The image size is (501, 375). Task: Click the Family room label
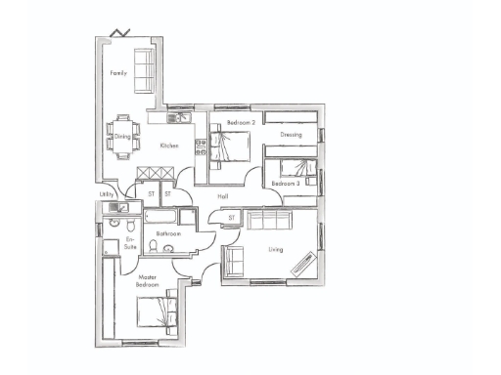[x=118, y=73]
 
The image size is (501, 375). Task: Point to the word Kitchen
[x=169, y=146]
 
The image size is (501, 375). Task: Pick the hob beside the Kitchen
[x=200, y=147]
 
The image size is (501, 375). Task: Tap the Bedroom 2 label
[x=241, y=123]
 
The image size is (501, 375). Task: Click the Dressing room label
[x=291, y=134]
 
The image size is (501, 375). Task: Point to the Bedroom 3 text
[x=286, y=183]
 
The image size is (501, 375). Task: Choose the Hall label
[x=223, y=196]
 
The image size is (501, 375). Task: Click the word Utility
[x=107, y=194]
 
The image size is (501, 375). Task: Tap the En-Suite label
[x=130, y=243]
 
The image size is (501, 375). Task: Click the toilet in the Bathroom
[x=168, y=248]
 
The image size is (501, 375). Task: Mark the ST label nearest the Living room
[x=232, y=217]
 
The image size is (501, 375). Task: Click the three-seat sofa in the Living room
[x=268, y=221]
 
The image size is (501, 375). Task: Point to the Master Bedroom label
[x=147, y=280]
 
